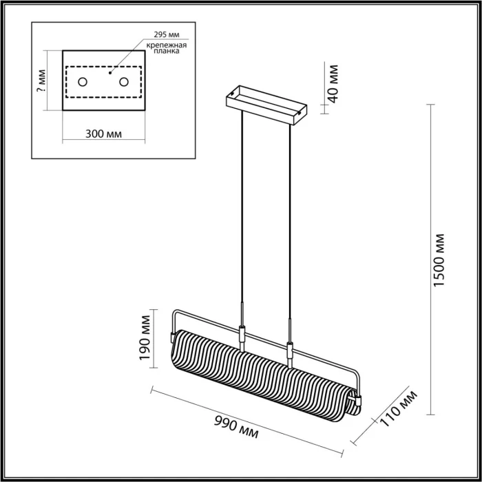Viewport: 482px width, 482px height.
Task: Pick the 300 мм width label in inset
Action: (x=103, y=133)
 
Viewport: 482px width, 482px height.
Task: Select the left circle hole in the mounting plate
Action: (x=83, y=83)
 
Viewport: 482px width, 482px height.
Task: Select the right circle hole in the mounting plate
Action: (x=124, y=83)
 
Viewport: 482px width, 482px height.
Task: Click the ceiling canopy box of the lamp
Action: (x=268, y=105)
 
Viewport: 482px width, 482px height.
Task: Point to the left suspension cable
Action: (x=242, y=207)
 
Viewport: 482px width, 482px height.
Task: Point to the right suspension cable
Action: (x=290, y=220)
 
